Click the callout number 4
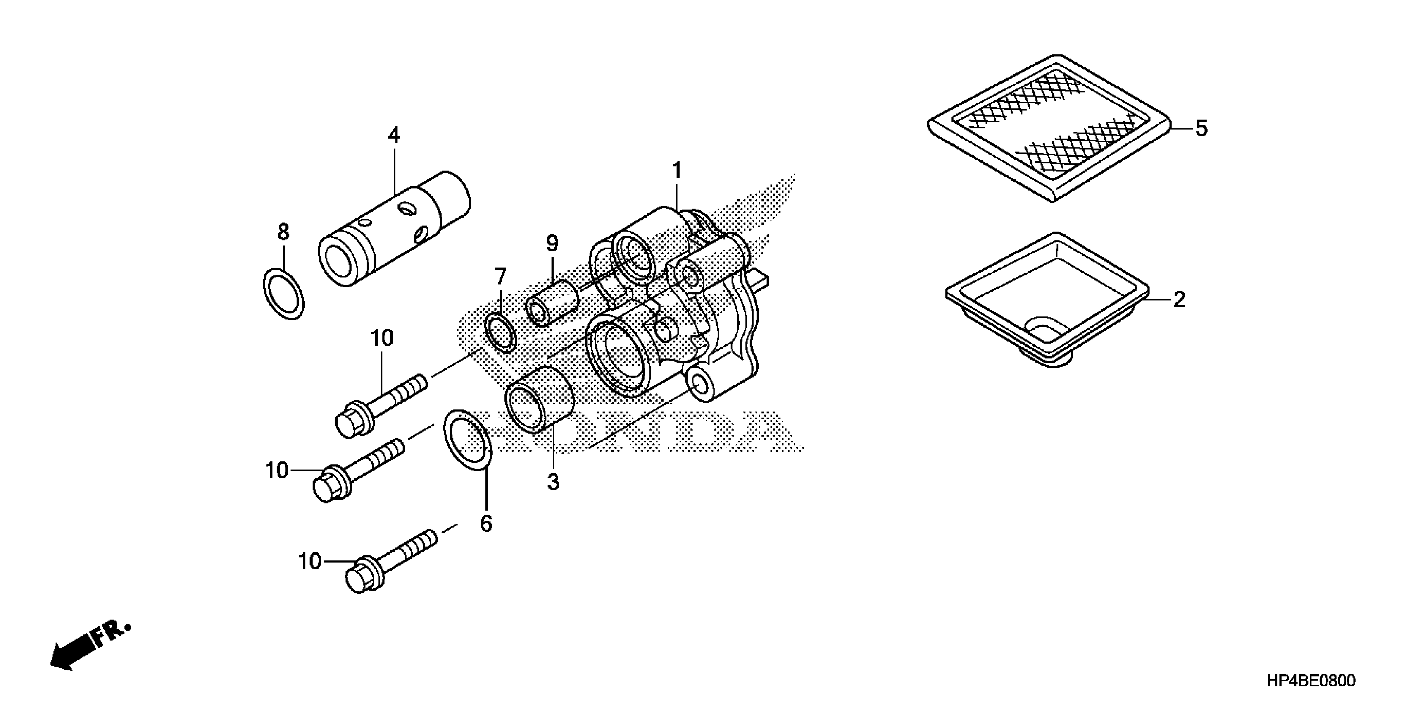(393, 135)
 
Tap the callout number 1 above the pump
(677, 171)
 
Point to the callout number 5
(1201, 129)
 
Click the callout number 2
(1179, 299)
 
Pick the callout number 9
(552, 244)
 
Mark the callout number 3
(553, 482)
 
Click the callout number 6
(486, 523)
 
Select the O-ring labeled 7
(500, 332)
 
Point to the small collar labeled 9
(552, 303)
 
